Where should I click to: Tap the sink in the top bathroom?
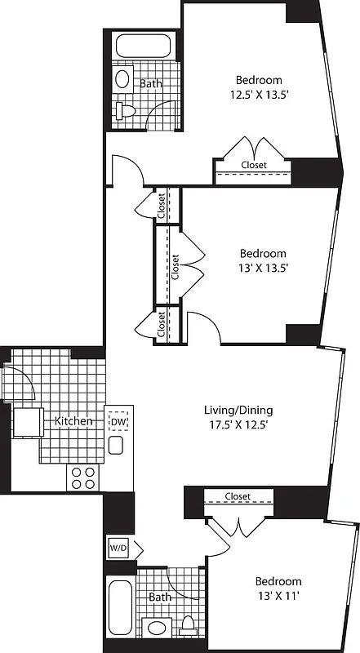122,79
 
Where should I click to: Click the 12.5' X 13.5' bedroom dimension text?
259,94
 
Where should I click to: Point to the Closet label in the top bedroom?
254,165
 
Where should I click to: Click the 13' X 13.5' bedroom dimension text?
263,267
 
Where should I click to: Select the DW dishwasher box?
118,421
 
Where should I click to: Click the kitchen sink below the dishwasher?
116,445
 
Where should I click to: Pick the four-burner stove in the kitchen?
82,478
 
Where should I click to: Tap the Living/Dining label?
238,410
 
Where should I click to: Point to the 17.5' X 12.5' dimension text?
238,424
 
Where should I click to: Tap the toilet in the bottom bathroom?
189,626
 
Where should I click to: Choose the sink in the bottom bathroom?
156,629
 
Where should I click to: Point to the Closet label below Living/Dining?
238,496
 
